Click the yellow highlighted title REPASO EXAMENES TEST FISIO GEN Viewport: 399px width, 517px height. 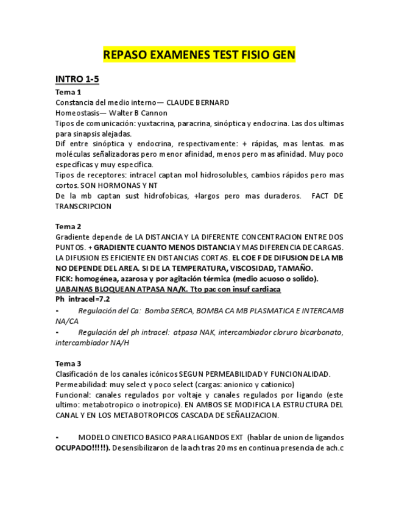pos(199,55)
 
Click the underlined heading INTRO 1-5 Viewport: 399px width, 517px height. pos(77,79)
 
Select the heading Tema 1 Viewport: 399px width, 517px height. pos(68,92)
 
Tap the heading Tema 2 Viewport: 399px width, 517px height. pos(68,226)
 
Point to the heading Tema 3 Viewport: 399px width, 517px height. pos(68,363)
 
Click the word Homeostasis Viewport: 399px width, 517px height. pos(77,113)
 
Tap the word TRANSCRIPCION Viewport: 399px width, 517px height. pos(83,206)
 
